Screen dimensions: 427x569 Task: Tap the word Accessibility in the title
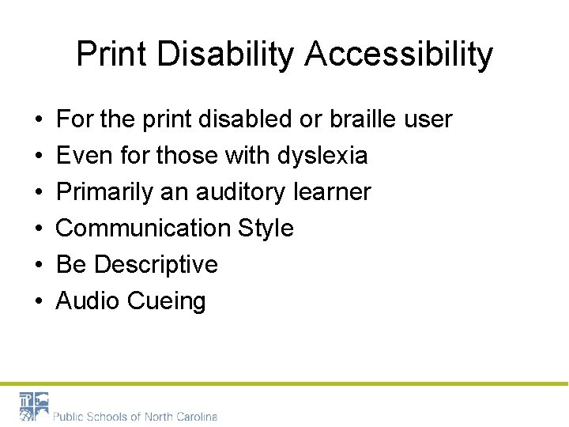tap(399, 55)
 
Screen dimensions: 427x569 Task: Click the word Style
tap(265, 229)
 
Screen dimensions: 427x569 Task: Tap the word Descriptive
tap(156, 265)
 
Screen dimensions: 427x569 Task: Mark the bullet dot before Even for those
tap(39, 157)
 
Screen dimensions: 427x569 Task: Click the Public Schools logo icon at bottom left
tap(34, 406)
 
